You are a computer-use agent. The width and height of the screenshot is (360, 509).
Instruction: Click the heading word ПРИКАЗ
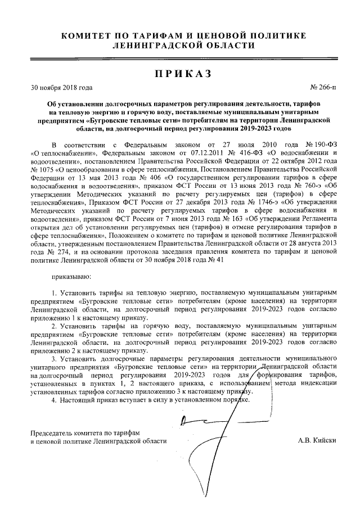[x=180, y=74]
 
